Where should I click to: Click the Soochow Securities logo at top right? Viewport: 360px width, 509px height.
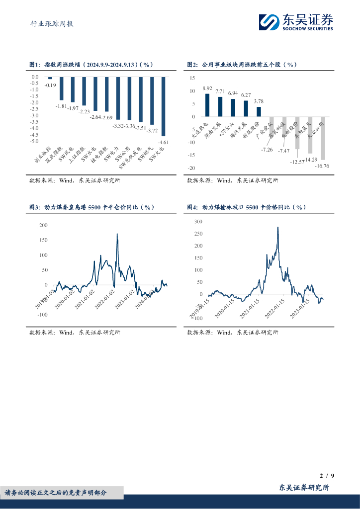[x=296, y=21]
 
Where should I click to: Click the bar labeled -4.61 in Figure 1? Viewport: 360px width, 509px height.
[x=163, y=106]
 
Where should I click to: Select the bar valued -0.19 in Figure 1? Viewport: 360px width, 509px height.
[x=50, y=78]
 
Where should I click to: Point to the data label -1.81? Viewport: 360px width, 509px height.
[x=61, y=106]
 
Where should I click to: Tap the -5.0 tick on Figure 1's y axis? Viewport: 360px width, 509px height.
[x=35, y=141]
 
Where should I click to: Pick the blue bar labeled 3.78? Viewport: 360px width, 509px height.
[x=259, y=111]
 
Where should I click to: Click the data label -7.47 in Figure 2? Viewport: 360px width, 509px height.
[x=284, y=151]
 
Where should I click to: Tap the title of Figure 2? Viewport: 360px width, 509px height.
[x=242, y=65]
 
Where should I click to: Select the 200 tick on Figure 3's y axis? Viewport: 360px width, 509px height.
[x=43, y=225]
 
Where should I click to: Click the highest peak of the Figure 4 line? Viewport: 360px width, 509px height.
[x=277, y=228]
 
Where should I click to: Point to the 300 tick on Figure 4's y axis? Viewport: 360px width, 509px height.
[x=198, y=221]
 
